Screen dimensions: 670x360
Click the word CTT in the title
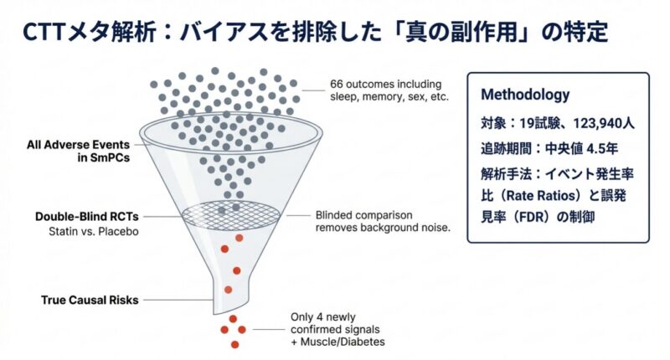click(44, 33)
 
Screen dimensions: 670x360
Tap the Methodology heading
click(525, 95)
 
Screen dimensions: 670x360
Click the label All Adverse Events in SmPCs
click(78, 152)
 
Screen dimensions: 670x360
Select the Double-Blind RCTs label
click(87, 217)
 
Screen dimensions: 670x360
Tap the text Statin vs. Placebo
click(94, 231)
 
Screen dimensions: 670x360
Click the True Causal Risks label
click(90, 300)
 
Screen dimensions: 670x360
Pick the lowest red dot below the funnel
click(234, 344)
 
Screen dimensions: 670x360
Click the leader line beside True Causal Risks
click(178, 300)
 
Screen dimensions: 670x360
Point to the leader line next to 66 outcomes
click(313, 90)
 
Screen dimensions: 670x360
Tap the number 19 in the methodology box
click(526, 123)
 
